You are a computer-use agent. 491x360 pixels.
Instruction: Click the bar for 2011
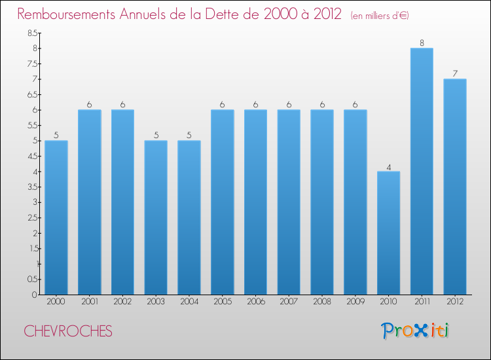click(x=422, y=171)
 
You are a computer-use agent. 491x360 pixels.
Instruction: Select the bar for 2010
click(x=388, y=233)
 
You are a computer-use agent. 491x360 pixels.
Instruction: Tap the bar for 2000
click(x=56, y=217)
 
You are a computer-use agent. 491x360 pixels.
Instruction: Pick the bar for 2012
click(x=455, y=187)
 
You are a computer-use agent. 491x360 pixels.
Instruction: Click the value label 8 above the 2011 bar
click(x=422, y=43)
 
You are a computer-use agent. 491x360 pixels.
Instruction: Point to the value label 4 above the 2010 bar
click(x=388, y=167)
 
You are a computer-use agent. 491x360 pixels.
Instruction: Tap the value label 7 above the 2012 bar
click(x=455, y=74)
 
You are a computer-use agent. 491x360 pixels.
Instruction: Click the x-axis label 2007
click(x=289, y=302)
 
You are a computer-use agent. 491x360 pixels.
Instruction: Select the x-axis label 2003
click(x=156, y=302)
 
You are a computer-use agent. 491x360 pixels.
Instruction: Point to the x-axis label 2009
click(x=355, y=302)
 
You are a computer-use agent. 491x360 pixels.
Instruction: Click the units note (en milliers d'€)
click(x=380, y=15)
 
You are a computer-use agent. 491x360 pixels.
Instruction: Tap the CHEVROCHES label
click(x=68, y=331)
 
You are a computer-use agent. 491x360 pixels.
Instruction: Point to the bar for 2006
click(x=255, y=202)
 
